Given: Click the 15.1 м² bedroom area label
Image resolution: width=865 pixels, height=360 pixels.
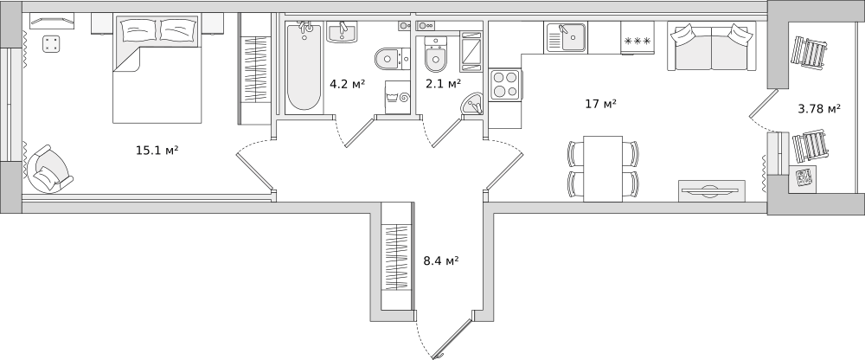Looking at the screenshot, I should (157, 151).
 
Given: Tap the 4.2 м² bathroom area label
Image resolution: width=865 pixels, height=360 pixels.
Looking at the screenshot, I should (347, 84).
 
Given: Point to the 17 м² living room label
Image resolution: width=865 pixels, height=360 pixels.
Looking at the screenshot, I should (600, 104).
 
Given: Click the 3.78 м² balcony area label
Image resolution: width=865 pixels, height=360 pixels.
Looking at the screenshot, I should (818, 109).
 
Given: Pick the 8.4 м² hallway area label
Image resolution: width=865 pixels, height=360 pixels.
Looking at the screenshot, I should (440, 260).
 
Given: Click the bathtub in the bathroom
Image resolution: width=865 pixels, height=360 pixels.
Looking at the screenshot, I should (304, 67).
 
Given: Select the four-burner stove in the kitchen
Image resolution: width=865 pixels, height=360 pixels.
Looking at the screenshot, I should (504, 85).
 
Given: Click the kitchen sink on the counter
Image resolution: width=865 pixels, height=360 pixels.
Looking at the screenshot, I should (566, 37).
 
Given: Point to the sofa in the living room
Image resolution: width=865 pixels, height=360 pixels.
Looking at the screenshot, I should (709, 48).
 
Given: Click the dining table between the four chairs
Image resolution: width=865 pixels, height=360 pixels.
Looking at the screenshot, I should (602, 168).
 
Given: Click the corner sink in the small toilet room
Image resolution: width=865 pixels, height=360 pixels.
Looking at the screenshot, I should (472, 104).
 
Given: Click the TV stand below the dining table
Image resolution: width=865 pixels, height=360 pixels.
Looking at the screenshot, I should (711, 190).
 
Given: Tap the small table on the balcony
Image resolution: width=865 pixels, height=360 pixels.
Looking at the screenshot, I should (805, 179).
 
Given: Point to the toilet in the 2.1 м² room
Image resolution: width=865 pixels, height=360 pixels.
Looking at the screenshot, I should (434, 59).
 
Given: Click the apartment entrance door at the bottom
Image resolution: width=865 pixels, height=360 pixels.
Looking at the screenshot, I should (452, 338).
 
